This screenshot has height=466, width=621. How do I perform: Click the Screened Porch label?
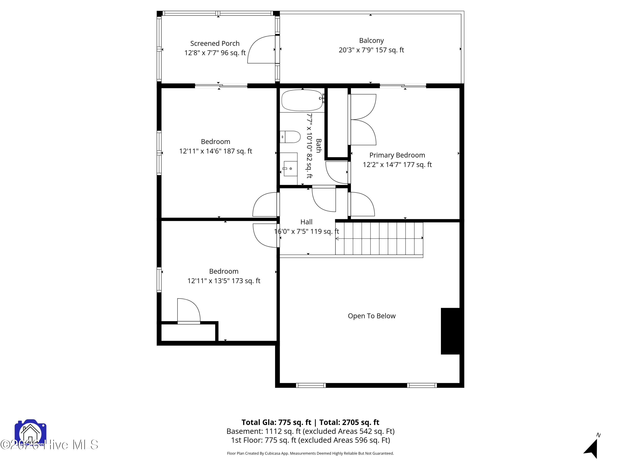point(215,43)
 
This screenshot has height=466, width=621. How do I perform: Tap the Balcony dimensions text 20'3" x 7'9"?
point(371,50)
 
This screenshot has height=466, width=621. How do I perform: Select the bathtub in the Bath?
point(302,100)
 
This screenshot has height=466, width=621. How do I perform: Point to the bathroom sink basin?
point(290,169)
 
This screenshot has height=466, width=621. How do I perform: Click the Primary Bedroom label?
point(397,155)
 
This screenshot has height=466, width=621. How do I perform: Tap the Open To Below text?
point(371,316)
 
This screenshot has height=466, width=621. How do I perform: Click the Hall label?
point(306,222)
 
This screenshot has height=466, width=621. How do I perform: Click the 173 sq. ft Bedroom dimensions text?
point(224,281)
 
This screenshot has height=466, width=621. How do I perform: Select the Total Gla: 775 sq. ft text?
point(276,422)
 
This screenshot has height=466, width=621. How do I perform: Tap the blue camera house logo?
point(30,433)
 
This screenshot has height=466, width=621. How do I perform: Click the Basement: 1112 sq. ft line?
point(310,431)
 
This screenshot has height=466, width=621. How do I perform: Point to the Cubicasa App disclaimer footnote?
point(310,453)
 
